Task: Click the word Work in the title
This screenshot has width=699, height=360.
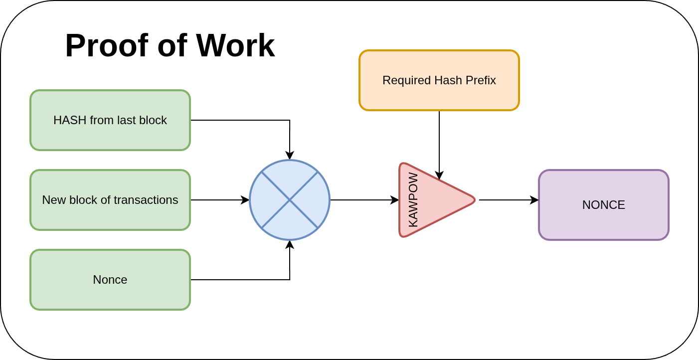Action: [235, 45]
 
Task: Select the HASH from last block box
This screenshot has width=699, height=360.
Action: [110, 120]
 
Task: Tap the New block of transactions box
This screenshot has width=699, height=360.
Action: [110, 200]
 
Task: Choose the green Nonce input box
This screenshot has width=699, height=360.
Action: [110, 280]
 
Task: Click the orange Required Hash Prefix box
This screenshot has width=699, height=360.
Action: [439, 80]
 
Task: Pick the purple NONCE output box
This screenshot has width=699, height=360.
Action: [604, 205]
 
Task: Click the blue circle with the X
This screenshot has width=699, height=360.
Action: [290, 200]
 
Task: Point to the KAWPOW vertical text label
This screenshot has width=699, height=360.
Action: [413, 200]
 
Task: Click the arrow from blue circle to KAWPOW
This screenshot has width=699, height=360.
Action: [364, 200]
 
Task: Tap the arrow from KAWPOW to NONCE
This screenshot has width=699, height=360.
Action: [509, 200]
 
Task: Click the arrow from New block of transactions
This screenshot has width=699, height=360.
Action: [219, 200]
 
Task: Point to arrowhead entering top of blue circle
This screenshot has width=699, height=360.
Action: [290, 156]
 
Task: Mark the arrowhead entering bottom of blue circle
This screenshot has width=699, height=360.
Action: [290, 244]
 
